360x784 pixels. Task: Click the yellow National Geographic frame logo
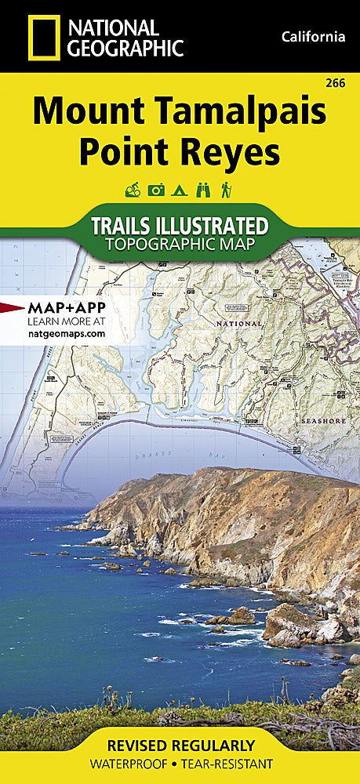(x=45, y=37)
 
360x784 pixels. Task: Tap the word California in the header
(x=312, y=37)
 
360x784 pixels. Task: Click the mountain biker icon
(x=133, y=190)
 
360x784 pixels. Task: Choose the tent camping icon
(x=180, y=190)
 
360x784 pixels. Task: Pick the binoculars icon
(x=203, y=190)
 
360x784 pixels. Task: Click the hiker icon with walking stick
(x=227, y=190)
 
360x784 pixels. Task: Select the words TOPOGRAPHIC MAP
(x=180, y=244)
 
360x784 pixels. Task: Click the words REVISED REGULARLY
(x=180, y=745)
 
